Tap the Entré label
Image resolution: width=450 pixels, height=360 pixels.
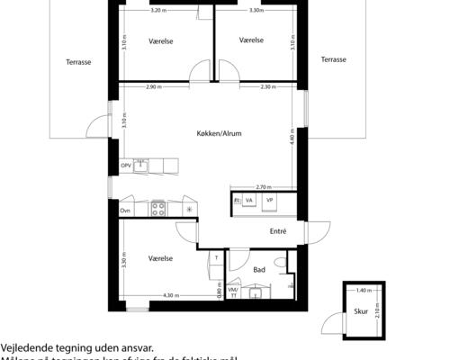tap(278, 231)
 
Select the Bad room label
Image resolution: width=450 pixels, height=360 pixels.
tap(259, 269)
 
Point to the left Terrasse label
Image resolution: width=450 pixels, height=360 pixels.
tap(78, 63)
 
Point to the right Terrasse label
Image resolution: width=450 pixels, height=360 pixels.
tap(333, 58)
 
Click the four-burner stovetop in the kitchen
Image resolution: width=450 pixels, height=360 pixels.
tap(158, 210)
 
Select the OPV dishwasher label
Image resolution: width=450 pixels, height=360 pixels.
tap(126, 166)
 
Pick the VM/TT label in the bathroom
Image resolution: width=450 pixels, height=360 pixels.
tap(233, 292)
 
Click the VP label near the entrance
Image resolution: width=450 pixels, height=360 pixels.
tap(269, 200)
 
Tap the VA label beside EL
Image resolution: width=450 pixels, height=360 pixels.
tap(249, 200)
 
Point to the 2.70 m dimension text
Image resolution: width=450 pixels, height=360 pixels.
tap(263, 187)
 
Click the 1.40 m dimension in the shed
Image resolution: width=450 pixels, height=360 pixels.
tap(363, 291)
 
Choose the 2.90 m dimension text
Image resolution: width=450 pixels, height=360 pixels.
tap(153, 87)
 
